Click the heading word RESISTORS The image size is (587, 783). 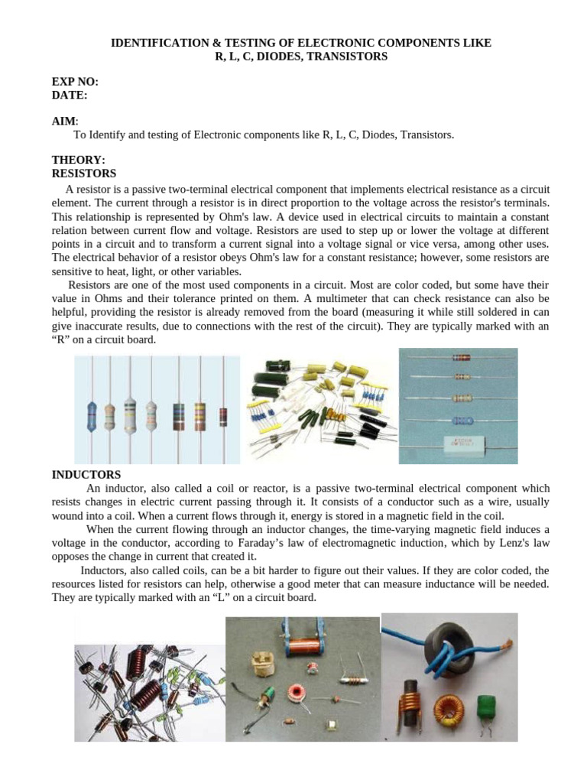[83, 174]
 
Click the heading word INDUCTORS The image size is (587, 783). [86, 475]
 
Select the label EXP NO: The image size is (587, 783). [75, 81]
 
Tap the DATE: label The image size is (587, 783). [70, 95]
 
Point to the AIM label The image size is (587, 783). [64, 122]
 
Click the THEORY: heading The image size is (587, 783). [78, 160]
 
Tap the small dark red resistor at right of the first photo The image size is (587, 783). [223, 417]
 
